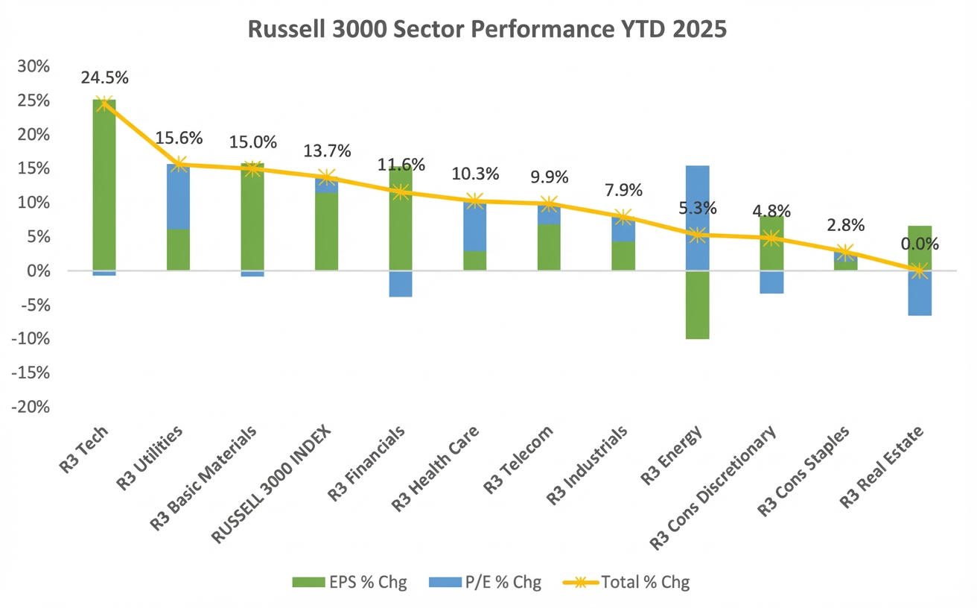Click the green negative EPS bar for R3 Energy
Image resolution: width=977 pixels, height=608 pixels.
click(697, 305)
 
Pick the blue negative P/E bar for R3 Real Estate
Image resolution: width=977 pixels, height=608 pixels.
click(920, 294)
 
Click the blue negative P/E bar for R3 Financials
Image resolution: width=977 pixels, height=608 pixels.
click(401, 284)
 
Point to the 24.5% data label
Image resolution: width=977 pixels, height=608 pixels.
click(104, 77)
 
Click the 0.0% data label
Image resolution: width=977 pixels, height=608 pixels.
click(920, 244)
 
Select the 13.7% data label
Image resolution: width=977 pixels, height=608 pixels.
click(327, 151)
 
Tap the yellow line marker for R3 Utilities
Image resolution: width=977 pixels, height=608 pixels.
click(179, 165)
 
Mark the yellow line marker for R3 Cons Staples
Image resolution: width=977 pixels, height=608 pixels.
click(845, 253)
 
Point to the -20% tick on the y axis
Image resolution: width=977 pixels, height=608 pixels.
click(31, 408)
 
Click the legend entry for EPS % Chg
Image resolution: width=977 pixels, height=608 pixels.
click(351, 582)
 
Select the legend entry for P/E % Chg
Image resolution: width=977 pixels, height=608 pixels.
click(485, 582)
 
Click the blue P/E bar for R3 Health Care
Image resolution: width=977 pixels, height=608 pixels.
click(475, 227)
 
